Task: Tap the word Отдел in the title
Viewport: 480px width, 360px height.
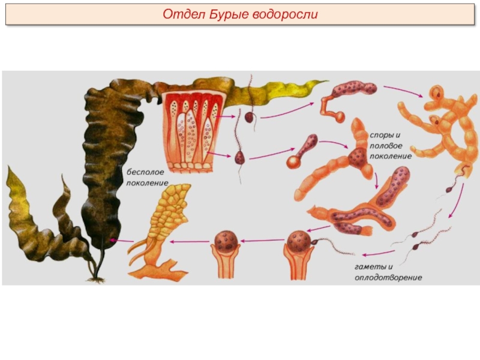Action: pyautogui.click(x=184, y=14)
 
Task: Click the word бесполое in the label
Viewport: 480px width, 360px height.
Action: pyautogui.click(x=145, y=172)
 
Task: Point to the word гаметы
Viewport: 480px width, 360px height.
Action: pyautogui.click(x=373, y=267)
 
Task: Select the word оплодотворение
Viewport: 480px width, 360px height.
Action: pyautogui.click(x=388, y=278)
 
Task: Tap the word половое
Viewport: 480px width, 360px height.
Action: pyautogui.click(x=386, y=146)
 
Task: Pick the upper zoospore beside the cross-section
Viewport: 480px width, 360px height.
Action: pyautogui.click(x=250, y=116)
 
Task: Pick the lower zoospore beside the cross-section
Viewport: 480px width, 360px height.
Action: pyautogui.click(x=239, y=157)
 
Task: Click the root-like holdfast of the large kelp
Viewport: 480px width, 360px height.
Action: pyautogui.click(x=96, y=279)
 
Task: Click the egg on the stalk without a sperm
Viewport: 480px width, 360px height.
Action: pyautogui.click(x=225, y=241)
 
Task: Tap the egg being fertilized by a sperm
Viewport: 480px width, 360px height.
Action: pyautogui.click(x=299, y=241)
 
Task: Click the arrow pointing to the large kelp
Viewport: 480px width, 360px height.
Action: pyautogui.click(x=122, y=241)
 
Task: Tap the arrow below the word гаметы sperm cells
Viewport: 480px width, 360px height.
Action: pyautogui.click(x=379, y=253)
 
